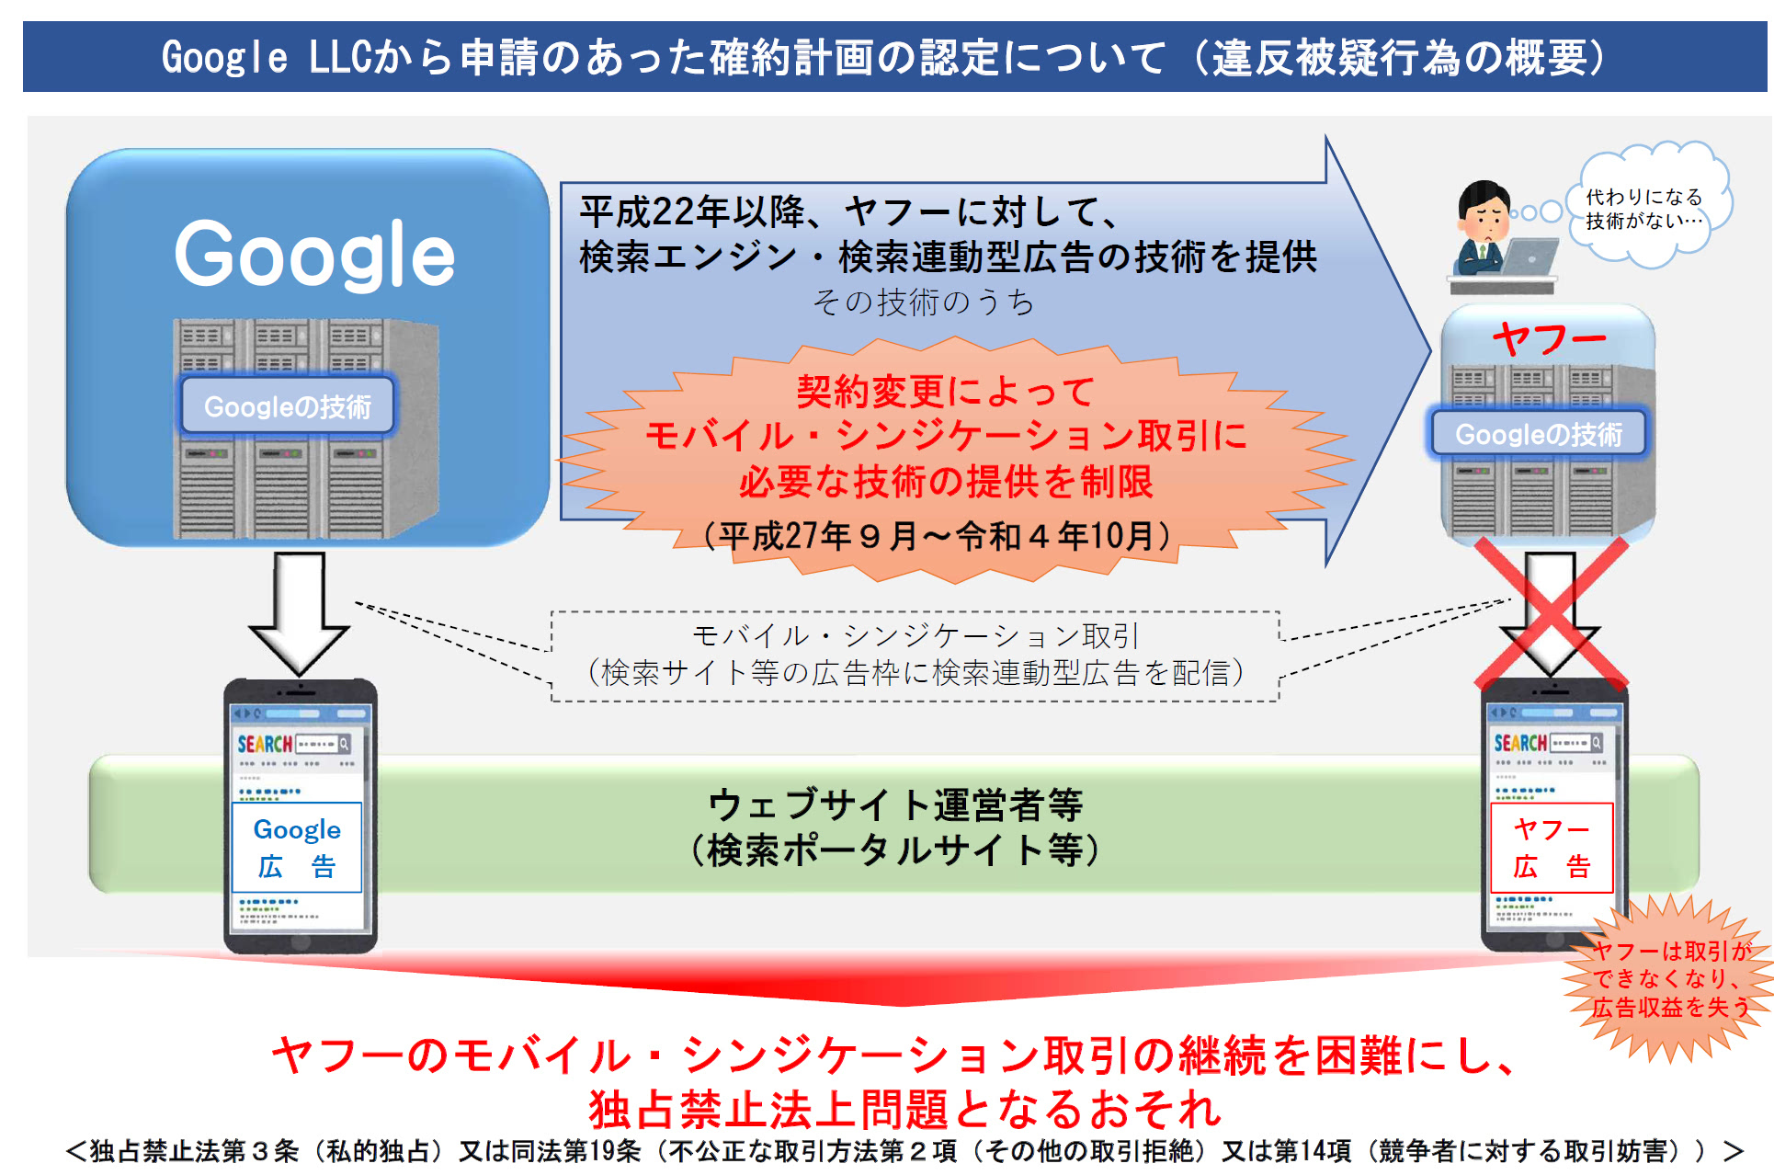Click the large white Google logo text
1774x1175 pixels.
point(314,255)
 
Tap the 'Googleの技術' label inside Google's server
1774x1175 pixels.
point(288,405)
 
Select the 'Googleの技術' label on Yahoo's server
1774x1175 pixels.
point(1539,433)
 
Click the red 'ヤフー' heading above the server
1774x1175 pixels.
point(1549,338)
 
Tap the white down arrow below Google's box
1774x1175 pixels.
point(299,612)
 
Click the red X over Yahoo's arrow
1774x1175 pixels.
point(1551,612)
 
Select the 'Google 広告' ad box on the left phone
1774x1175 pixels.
point(297,847)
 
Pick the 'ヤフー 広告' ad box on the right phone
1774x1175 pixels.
point(1552,847)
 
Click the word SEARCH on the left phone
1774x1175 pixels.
point(265,744)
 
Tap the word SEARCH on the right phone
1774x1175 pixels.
point(1520,743)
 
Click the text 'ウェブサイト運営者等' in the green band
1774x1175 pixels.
point(895,804)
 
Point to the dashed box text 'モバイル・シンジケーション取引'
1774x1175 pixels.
point(915,635)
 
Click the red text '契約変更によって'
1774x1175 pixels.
point(946,392)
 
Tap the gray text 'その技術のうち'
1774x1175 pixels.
point(924,302)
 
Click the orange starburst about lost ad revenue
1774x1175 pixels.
point(1668,978)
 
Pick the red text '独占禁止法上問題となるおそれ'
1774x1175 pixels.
point(905,1109)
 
